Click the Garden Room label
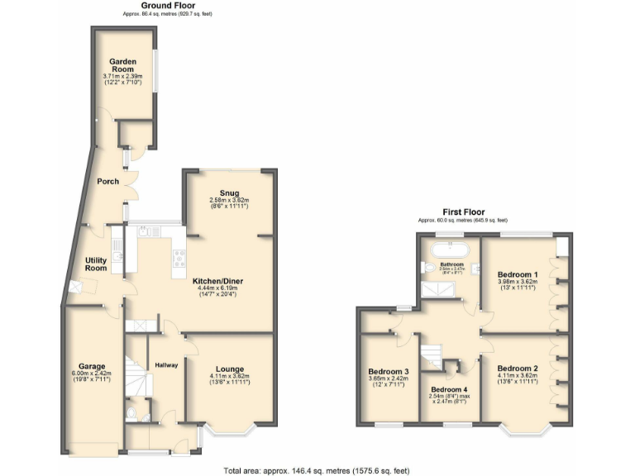(x=122, y=66)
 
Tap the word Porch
(x=108, y=182)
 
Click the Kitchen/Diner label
(x=217, y=281)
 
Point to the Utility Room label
(x=96, y=264)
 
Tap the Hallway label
(x=166, y=365)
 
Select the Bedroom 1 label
(x=518, y=274)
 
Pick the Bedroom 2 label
(x=518, y=369)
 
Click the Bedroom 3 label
(x=389, y=372)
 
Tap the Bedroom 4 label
(x=450, y=389)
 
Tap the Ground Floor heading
(x=167, y=6)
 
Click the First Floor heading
(x=462, y=212)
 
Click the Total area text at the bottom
(x=317, y=470)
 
